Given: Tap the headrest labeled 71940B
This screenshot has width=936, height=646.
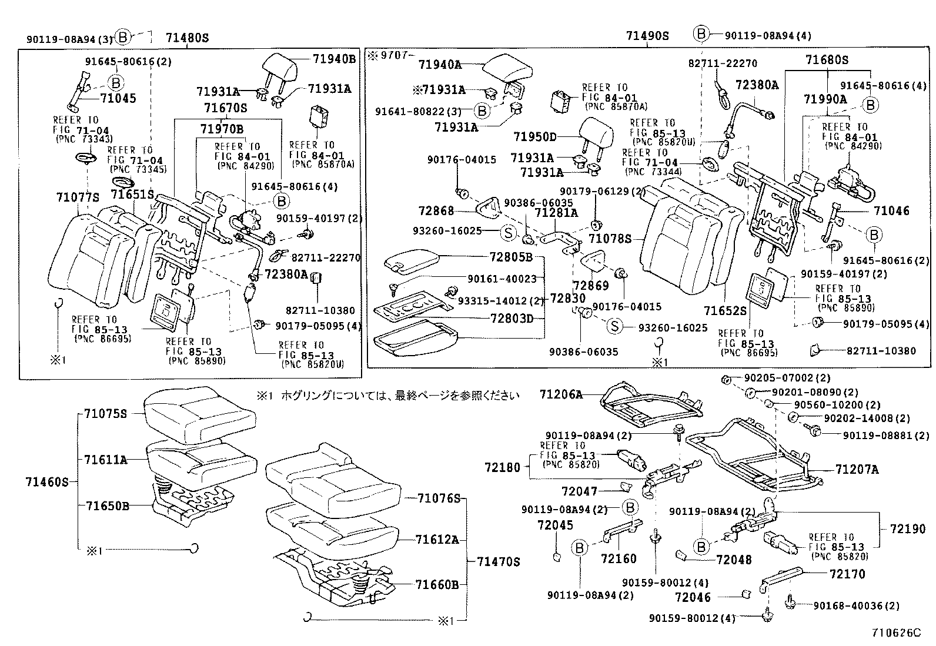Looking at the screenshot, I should point(281,66).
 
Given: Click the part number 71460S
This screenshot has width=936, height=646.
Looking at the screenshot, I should point(47,483).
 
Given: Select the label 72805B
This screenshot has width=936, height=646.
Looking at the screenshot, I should point(511,257).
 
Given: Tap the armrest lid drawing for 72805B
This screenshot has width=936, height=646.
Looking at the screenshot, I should point(412,260).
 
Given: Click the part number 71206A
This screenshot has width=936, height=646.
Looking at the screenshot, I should point(561,395).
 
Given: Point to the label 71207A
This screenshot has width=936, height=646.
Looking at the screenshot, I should point(857,469).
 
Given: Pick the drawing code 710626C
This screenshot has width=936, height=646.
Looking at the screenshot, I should point(896,632).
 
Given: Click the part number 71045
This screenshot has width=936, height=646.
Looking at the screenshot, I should point(118,98).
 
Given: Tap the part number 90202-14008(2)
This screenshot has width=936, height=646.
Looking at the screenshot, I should point(867,418).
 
